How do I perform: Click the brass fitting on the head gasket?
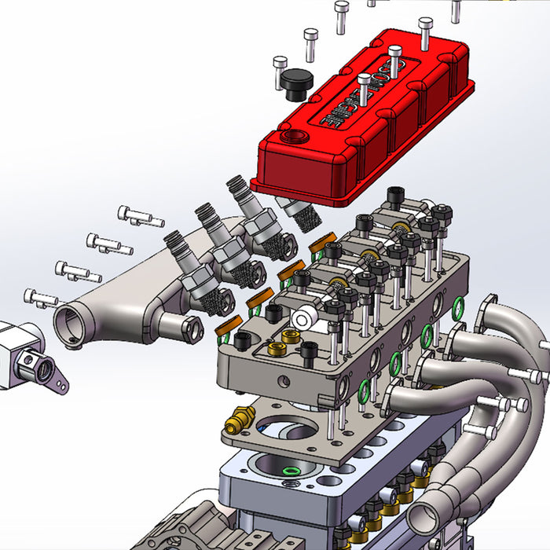coord(235,425)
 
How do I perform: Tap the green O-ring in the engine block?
coord(290,471)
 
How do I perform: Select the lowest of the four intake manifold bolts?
coord(40,298)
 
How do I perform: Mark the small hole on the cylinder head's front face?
coord(282,380)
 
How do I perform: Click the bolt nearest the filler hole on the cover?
coord(365,89)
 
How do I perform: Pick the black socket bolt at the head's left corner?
coord(243,341)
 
